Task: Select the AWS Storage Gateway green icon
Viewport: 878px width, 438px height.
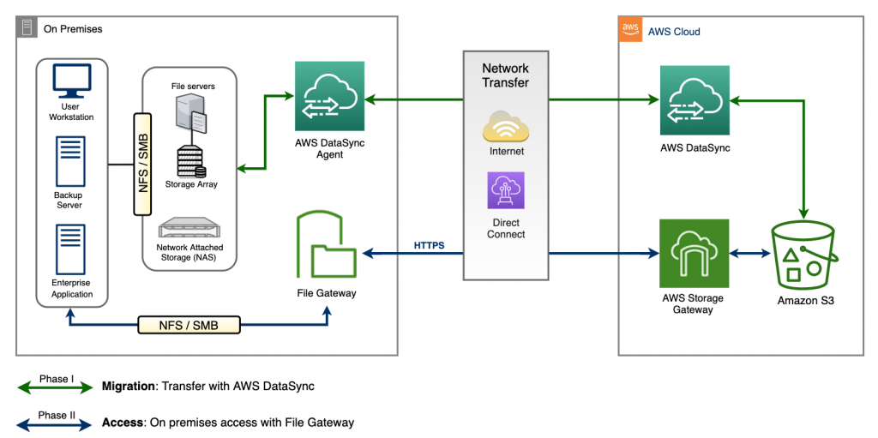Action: [694, 254]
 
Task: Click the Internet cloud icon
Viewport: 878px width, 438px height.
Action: [506, 127]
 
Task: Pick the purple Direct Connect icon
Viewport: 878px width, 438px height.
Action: [505, 190]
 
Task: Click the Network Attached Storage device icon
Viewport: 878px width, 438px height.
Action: [189, 230]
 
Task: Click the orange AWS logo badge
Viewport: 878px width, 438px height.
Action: [630, 30]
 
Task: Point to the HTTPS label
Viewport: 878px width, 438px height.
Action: [429, 245]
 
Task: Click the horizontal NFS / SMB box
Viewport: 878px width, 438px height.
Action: [189, 325]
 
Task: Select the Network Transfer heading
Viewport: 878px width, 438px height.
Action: [505, 75]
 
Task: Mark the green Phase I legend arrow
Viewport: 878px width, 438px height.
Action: [55, 387]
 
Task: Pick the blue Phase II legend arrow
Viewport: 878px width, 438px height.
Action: [55, 422]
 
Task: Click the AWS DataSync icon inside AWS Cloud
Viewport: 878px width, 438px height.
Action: [694, 99]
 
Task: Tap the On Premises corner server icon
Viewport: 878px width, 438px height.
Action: [27, 27]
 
